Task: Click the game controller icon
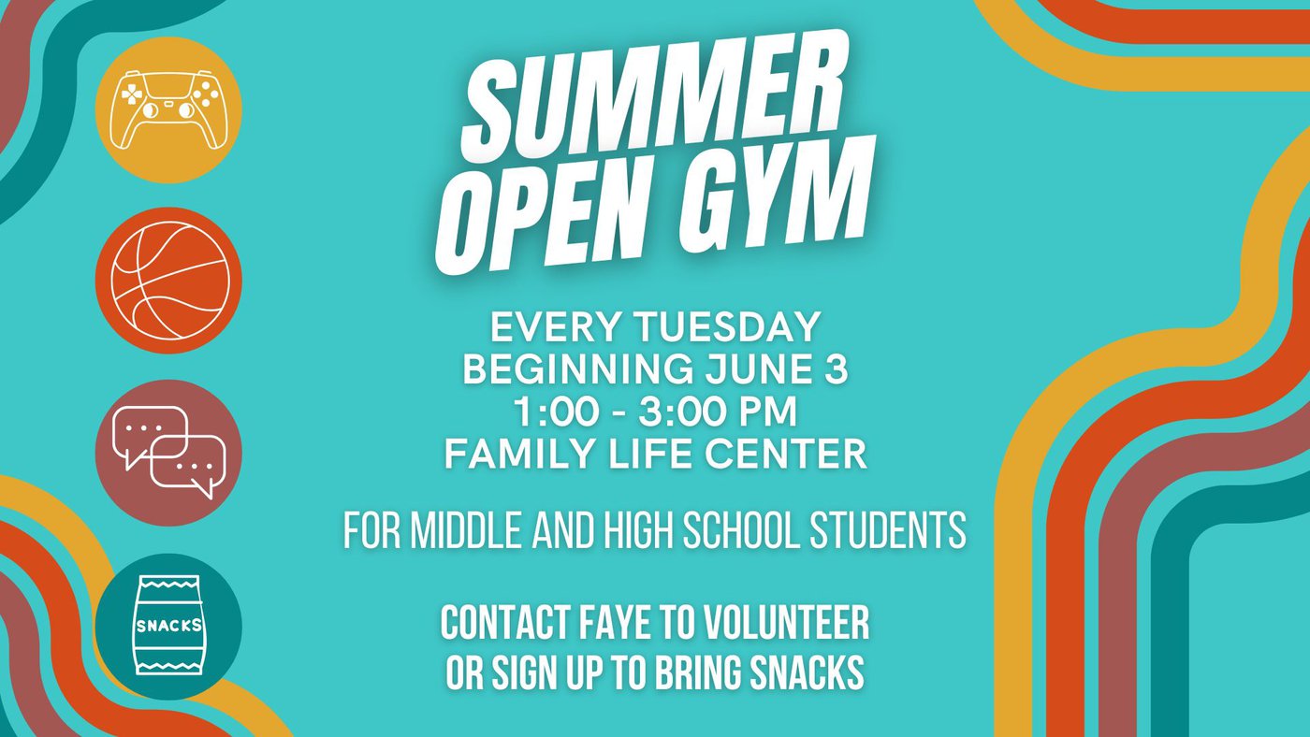168,109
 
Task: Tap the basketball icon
169,281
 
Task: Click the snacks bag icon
169,625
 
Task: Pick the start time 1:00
561,412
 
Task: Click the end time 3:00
687,412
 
